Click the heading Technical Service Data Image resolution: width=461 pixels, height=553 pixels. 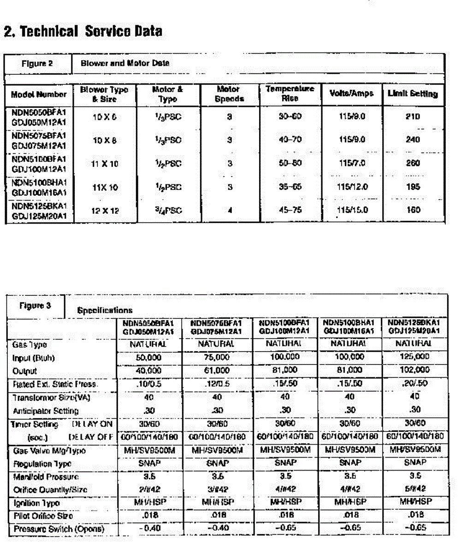click(x=83, y=31)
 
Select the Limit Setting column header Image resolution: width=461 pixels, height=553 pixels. click(x=413, y=94)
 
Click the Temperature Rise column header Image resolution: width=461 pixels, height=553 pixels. click(x=290, y=93)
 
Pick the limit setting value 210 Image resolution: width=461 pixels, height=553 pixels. click(x=413, y=117)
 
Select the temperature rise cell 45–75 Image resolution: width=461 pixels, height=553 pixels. click(x=290, y=210)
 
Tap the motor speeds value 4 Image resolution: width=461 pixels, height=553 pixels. click(x=229, y=211)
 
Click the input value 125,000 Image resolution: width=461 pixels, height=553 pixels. click(x=415, y=357)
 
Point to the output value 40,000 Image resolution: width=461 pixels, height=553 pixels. click(x=148, y=371)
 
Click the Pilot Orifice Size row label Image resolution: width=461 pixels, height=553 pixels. click(x=43, y=516)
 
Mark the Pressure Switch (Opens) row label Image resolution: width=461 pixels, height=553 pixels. click(x=59, y=529)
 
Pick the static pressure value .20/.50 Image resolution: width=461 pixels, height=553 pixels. click(x=415, y=384)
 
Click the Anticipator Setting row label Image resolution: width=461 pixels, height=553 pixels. click(x=46, y=410)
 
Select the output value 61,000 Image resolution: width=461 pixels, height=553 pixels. click(x=216, y=371)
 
